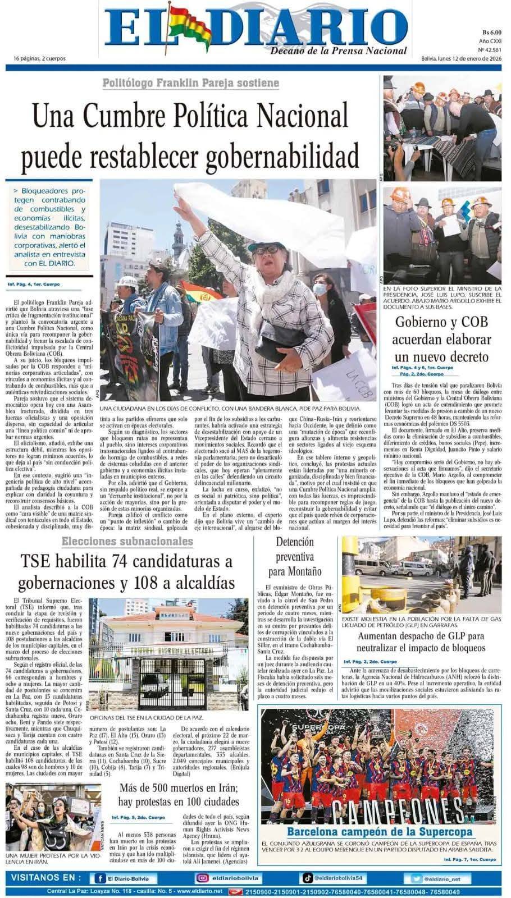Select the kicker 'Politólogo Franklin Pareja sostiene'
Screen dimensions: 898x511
tap(191, 83)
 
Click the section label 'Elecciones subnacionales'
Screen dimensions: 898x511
tap(127, 541)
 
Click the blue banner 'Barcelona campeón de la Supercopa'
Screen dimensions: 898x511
tap(380, 832)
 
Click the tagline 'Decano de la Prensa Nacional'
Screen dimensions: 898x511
tap(339, 51)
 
